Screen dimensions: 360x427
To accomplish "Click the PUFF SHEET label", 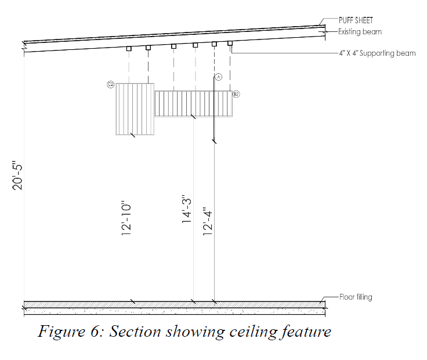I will point(356,20).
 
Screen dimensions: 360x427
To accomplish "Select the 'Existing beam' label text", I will point(360,32).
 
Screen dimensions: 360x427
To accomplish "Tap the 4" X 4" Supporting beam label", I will point(377,53).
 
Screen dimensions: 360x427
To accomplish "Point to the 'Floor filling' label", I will point(355,297).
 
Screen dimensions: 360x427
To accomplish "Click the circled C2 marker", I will point(111,85).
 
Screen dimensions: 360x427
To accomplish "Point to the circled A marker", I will point(219,77).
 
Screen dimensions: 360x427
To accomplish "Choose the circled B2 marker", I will point(236,93).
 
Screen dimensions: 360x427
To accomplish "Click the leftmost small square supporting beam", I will point(129,49).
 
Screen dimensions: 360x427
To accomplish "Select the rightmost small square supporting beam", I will point(230,43).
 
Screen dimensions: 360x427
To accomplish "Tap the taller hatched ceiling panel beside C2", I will point(135,109).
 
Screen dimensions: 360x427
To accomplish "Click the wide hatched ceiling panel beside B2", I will point(193,103).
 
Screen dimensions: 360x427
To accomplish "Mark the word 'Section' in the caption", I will point(136,332).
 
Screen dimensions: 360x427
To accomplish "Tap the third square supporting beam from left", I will point(173,46).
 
